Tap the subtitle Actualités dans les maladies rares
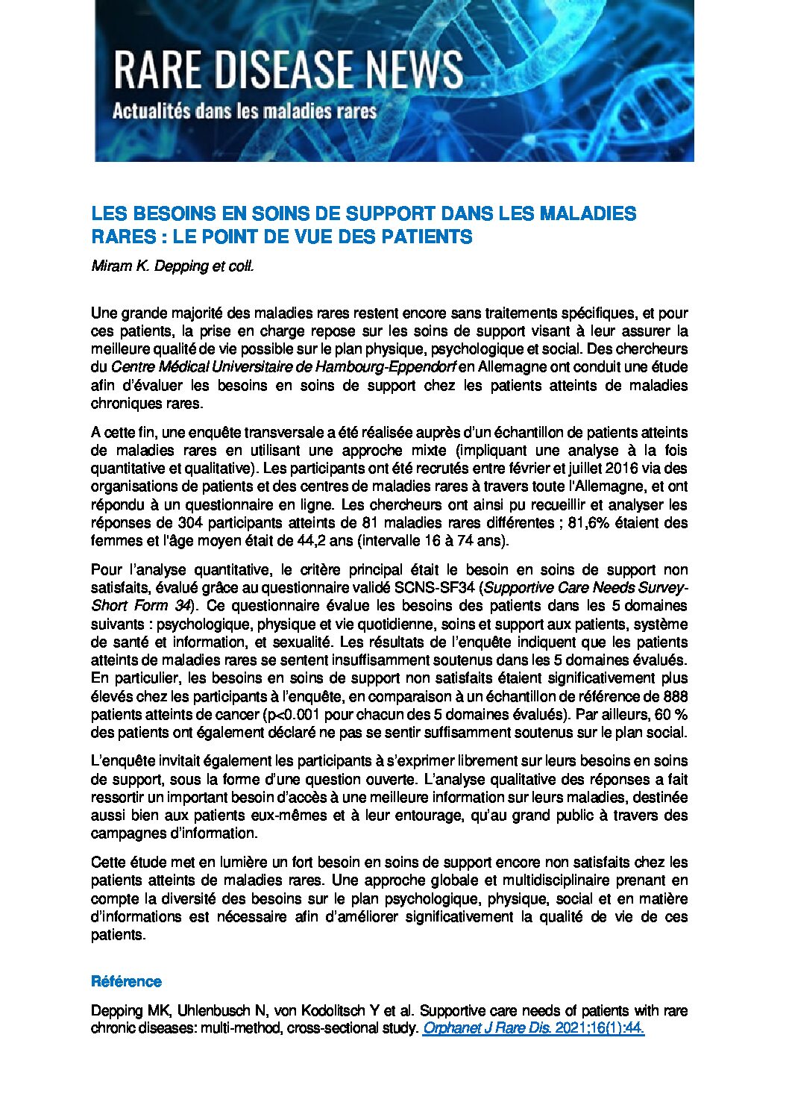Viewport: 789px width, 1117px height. pyautogui.click(x=244, y=113)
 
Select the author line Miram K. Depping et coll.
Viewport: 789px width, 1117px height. pyautogui.click(x=172, y=266)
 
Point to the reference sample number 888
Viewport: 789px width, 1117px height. pyautogui.click(x=674, y=696)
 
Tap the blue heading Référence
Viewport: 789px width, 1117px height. pyautogui.click(x=126, y=981)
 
